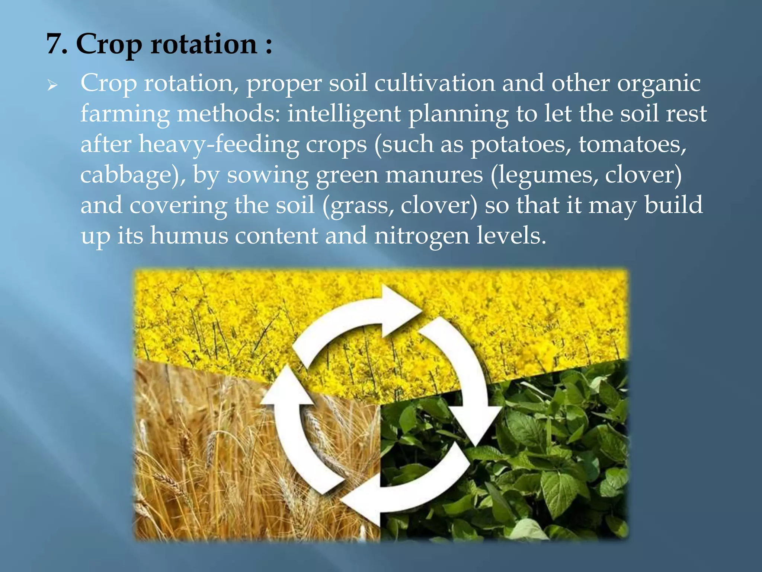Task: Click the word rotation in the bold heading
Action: click(x=204, y=44)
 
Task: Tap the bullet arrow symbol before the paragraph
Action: click(x=52, y=86)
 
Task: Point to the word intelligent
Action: click(x=344, y=114)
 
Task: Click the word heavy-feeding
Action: click(x=219, y=144)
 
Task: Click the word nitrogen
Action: click(x=422, y=236)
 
